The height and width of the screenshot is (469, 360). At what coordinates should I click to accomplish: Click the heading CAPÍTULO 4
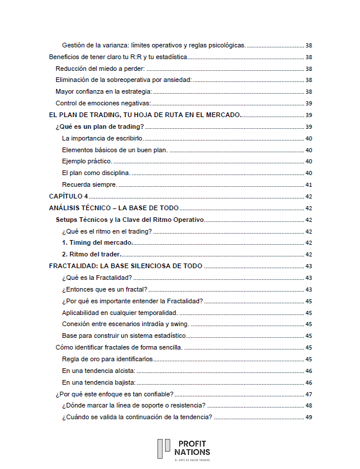click(x=69, y=196)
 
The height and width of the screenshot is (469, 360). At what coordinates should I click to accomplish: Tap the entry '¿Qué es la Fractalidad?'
click(x=97, y=278)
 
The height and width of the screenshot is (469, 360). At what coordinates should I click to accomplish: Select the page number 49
click(x=308, y=417)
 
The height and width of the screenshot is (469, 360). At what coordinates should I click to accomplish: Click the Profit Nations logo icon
click(x=163, y=449)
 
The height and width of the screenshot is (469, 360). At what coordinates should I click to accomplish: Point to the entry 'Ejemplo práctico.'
click(x=87, y=162)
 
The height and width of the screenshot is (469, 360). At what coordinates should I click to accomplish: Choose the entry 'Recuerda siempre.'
click(x=89, y=184)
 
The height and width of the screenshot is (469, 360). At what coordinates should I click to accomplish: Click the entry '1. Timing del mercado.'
click(x=97, y=242)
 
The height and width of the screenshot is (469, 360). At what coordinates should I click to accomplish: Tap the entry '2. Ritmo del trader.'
click(x=91, y=254)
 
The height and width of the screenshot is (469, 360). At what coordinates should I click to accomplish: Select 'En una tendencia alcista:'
click(x=98, y=371)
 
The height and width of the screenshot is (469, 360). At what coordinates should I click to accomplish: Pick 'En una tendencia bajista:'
click(x=98, y=382)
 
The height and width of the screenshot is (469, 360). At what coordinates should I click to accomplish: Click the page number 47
click(x=308, y=394)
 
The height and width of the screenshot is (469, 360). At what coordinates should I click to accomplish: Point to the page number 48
click(x=308, y=405)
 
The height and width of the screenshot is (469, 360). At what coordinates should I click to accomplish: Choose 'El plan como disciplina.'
click(x=95, y=173)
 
